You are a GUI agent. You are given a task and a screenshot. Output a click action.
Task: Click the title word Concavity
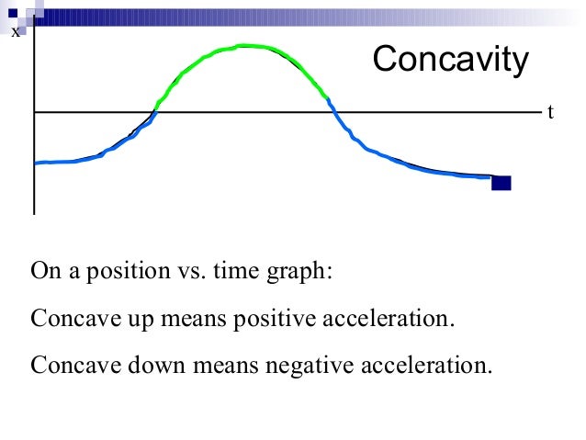450,61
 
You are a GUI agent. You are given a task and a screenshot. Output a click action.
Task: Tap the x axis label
15,32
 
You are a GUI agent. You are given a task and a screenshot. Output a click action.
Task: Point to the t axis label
550,112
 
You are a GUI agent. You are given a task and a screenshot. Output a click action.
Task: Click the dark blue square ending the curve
501,182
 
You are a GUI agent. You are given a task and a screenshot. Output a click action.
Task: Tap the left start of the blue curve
36,163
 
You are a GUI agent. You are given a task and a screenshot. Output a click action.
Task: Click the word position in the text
130,272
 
